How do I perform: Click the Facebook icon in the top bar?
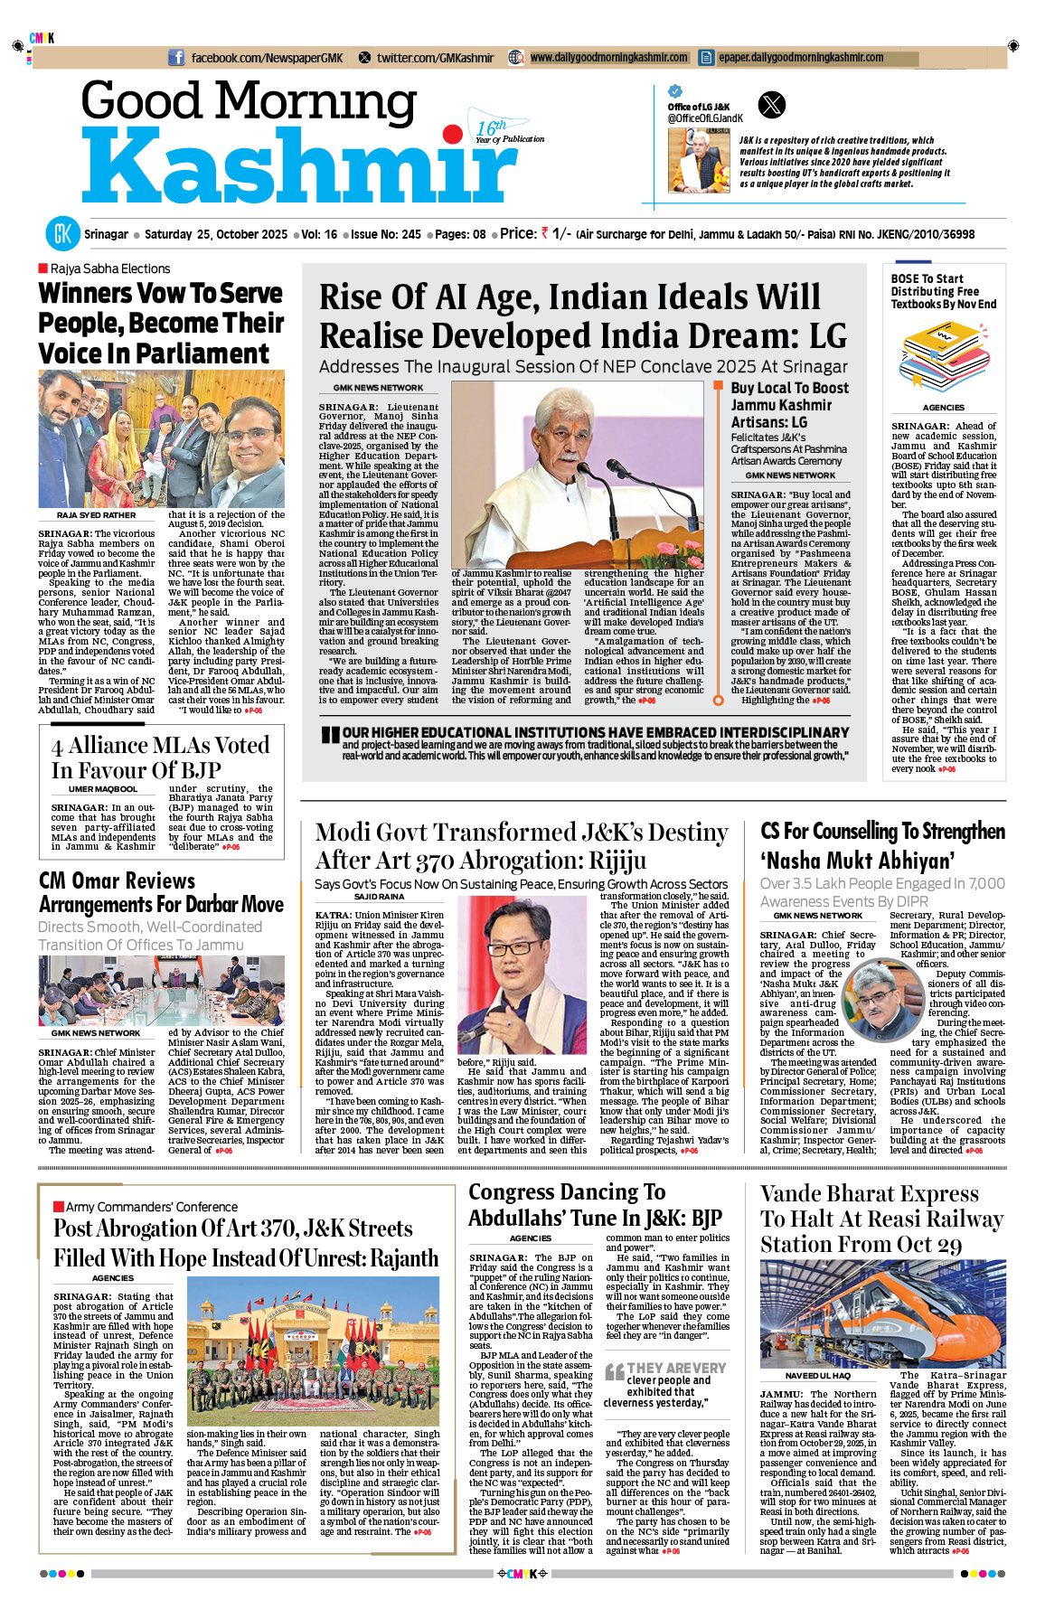[x=176, y=58]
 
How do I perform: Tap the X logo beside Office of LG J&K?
[x=772, y=105]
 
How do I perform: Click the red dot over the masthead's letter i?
[x=452, y=136]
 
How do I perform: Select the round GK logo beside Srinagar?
[x=63, y=234]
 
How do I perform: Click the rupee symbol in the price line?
[x=544, y=233]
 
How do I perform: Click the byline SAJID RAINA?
[x=379, y=897]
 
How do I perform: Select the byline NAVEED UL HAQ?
[x=817, y=1376]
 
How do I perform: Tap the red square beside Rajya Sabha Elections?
[x=42, y=268]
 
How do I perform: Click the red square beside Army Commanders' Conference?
[x=59, y=1206]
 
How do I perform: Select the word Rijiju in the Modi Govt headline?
[x=605, y=860]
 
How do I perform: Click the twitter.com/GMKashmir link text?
[x=435, y=58]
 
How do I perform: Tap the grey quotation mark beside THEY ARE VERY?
[x=614, y=1371]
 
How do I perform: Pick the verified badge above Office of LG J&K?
[x=674, y=91]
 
